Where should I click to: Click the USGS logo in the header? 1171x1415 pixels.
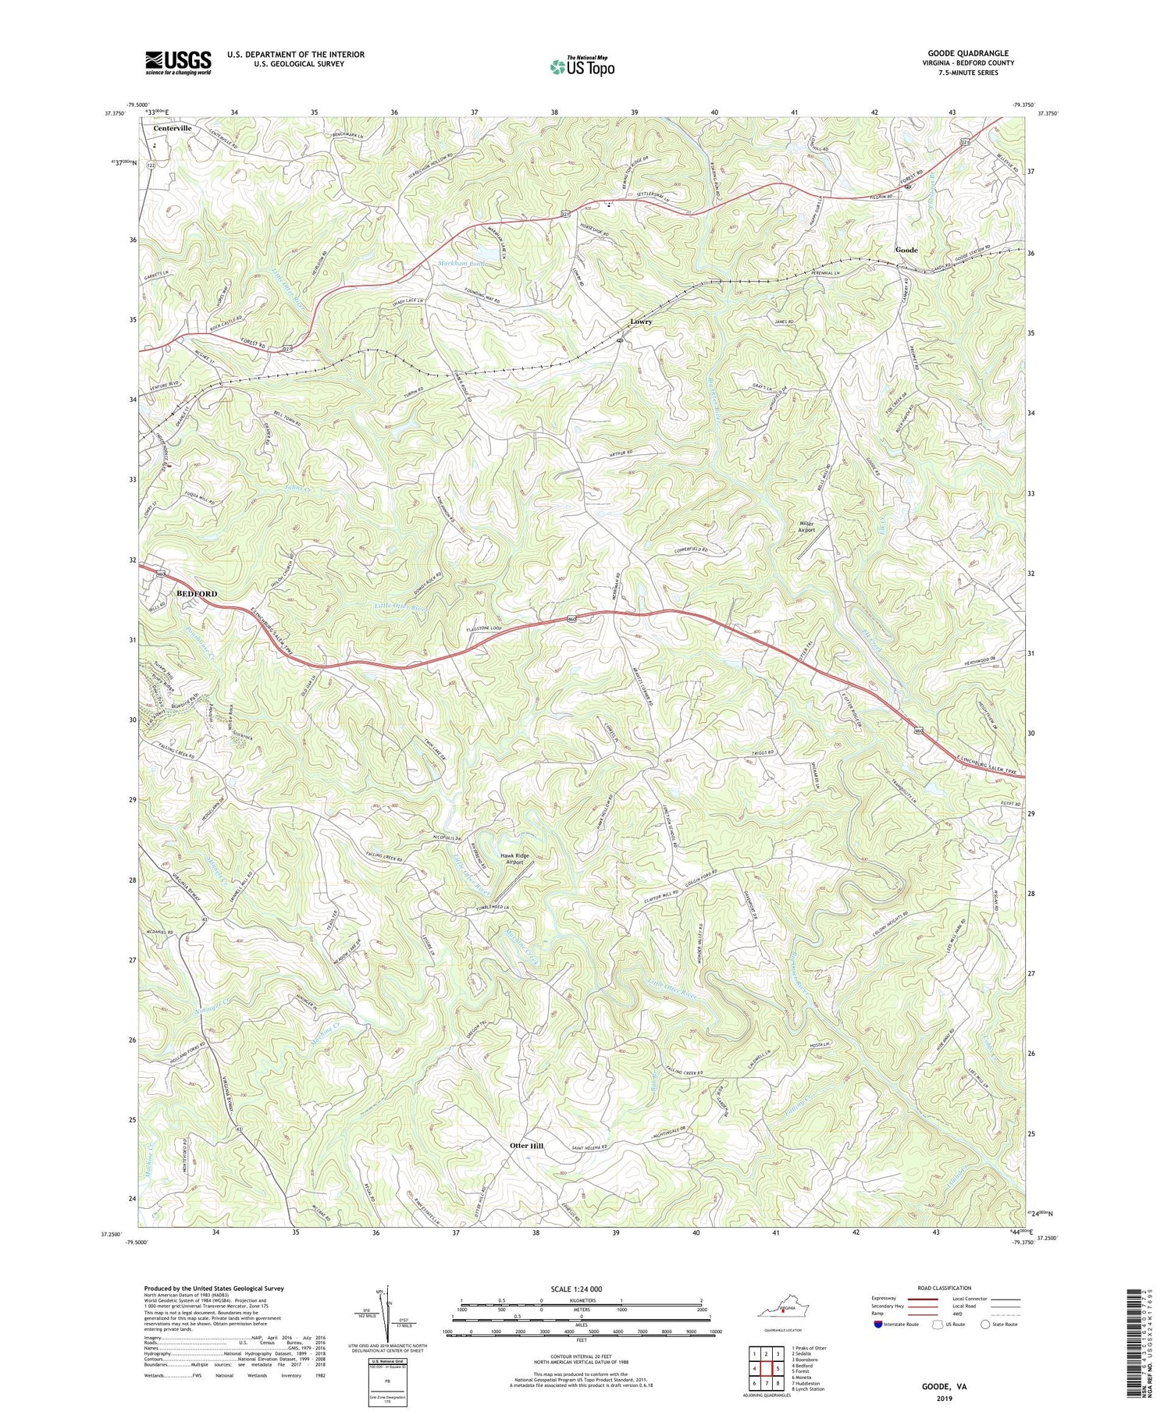pyautogui.click(x=178, y=62)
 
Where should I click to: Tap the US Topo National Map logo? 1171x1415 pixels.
pyautogui.click(x=582, y=66)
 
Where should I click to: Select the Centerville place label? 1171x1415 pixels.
pyautogui.click(x=172, y=128)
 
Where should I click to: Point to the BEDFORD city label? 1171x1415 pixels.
pyautogui.click(x=197, y=593)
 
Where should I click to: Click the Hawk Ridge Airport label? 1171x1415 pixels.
pyautogui.click(x=515, y=859)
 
